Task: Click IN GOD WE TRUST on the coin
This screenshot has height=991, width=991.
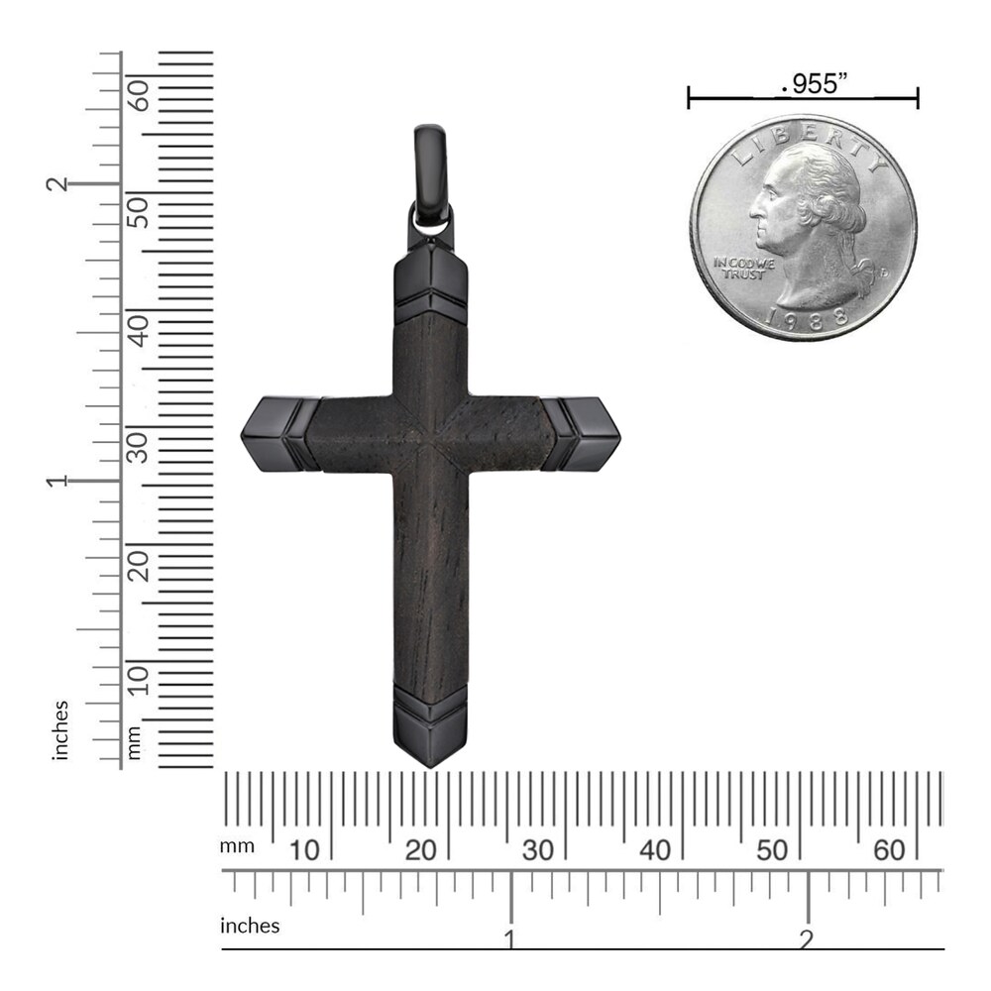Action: pyautogui.click(x=739, y=269)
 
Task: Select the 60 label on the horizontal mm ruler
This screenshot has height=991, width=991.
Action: pyautogui.click(x=889, y=849)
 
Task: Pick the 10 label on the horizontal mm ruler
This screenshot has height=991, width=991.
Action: pyautogui.click(x=303, y=849)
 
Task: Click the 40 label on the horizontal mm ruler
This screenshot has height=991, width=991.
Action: pyautogui.click(x=655, y=849)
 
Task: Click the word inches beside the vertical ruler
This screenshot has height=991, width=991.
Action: pyautogui.click(x=62, y=730)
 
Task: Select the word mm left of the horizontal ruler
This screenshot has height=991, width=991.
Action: pyautogui.click(x=237, y=846)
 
